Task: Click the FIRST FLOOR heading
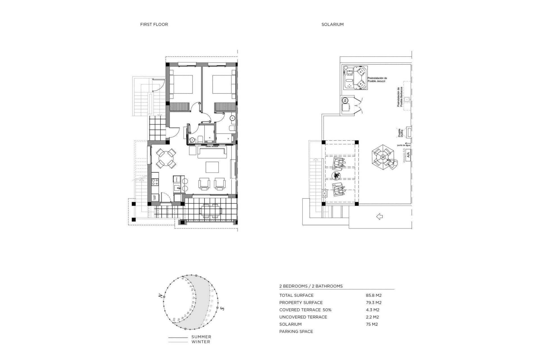pyautogui.click(x=154, y=24)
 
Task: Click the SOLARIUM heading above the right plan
pyautogui.click(x=332, y=24)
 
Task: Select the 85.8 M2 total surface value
pyautogui.click(x=373, y=295)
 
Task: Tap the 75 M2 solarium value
pyautogui.click(x=372, y=324)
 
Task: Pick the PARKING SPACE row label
pyautogui.click(x=296, y=332)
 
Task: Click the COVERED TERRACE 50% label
pyautogui.click(x=305, y=310)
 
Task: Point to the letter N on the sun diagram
pyautogui.click(x=160, y=296)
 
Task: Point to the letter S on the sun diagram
pyautogui.click(x=222, y=308)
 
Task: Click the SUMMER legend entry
pyautogui.click(x=201, y=337)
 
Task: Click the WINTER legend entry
pyautogui.click(x=201, y=342)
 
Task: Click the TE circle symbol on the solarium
pyautogui.click(x=345, y=100)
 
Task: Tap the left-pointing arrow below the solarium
pyautogui.click(x=379, y=217)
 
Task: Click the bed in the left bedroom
pyautogui.click(x=182, y=84)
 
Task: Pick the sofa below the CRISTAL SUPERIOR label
pyautogui.click(x=212, y=152)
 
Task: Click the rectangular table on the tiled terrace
pyautogui.click(x=210, y=210)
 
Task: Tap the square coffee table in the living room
pyautogui.click(x=212, y=167)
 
